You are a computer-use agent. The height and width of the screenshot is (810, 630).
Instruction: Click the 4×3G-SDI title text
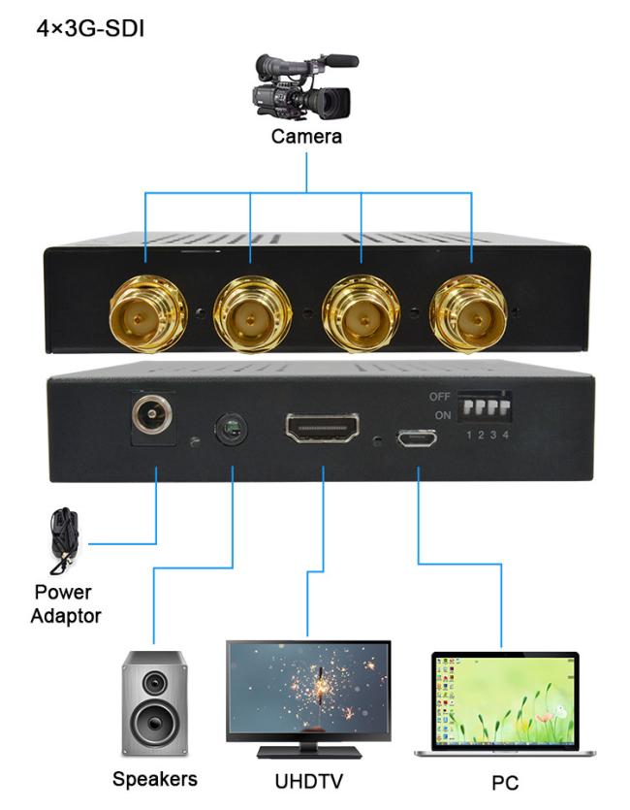[90, 28]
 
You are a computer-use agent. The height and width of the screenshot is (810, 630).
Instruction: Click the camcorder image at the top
[305, 86]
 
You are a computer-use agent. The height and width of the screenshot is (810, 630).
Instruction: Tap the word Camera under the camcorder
[306, 137]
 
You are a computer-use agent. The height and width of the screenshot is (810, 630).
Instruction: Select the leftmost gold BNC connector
[147, 314]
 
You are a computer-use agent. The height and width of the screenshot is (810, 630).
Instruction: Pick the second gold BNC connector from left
[252, 314]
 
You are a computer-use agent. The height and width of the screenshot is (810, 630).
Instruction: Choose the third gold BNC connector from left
[362, 313]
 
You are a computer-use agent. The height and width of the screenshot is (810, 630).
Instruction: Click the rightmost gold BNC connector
[469, 313]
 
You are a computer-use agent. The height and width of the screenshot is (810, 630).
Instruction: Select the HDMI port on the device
[323, 428]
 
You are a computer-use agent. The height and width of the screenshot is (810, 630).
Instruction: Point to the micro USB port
[417, 439]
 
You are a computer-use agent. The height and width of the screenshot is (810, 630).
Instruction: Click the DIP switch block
[485, 406]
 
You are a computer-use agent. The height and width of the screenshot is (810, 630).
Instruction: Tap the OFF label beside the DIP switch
[440, 397]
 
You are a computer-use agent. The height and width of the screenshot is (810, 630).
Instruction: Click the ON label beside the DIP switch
[443, 415]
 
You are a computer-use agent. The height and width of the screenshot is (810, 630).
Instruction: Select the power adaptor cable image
[65, 541]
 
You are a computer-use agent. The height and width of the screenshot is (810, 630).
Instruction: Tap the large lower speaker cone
[154, 723]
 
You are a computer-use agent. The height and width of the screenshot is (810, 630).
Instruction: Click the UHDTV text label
[308, 781]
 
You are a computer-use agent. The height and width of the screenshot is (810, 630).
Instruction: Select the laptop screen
[505, 700]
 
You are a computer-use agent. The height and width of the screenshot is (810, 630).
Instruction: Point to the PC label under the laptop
[505, 783]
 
